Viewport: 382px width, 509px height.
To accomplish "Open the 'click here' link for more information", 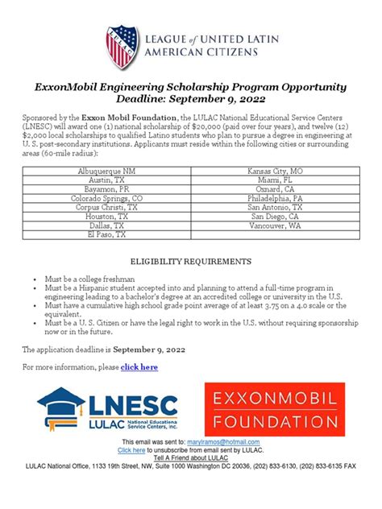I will pyautogui.click(x=139, y=367).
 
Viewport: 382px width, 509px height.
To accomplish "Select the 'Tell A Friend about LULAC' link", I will pyautogui.click(x=190, y=457).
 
